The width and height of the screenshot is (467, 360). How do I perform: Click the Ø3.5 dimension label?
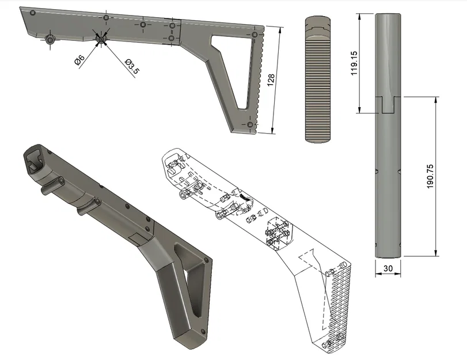[x=132, y=66]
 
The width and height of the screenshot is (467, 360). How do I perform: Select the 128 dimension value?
[x=271, y=80]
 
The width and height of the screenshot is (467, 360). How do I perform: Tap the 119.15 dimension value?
[x=354, y=63]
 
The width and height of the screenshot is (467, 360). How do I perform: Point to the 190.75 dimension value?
[x=430, y=176]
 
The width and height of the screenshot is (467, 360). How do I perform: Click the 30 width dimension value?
[x=388, y=268]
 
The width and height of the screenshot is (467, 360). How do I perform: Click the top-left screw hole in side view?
[x=33, y=12]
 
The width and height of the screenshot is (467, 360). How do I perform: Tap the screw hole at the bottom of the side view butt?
[x=250, y=124]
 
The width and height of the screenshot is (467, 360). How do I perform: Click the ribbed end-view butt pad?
[x=317, y=80]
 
